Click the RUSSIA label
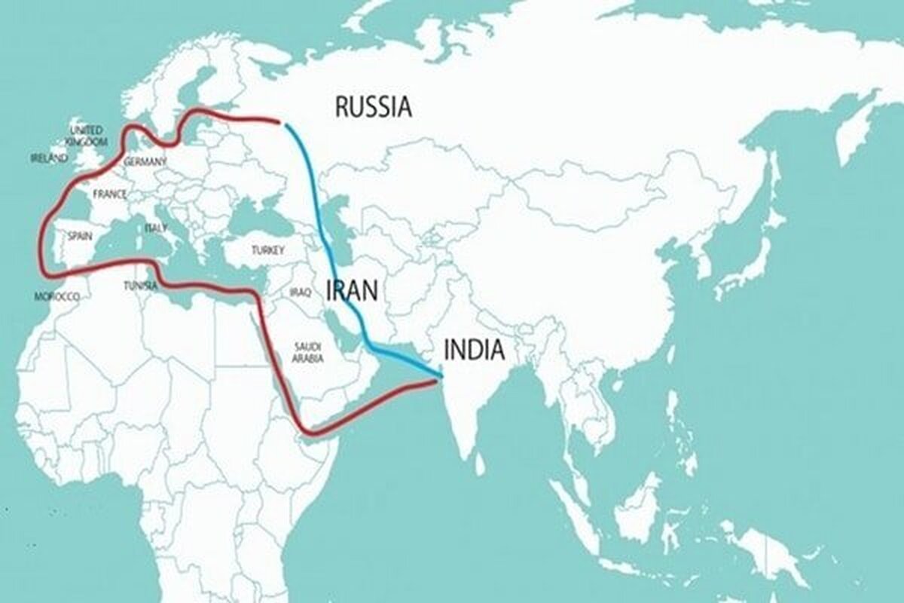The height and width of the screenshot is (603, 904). [x=374, y=107]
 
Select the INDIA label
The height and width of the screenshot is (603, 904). [x=474, y=350]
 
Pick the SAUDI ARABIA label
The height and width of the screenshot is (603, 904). [x=309, y=352]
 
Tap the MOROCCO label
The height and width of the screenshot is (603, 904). [x=57, y=297]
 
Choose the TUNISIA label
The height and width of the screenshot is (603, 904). [x=141, y=286]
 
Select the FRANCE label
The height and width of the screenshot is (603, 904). [x=109, y=194]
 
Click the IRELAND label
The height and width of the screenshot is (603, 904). [x=49, y=158]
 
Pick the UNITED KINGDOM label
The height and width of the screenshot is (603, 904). [x=86, y=135]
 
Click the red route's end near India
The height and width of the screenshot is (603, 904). [x=435, y=383]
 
